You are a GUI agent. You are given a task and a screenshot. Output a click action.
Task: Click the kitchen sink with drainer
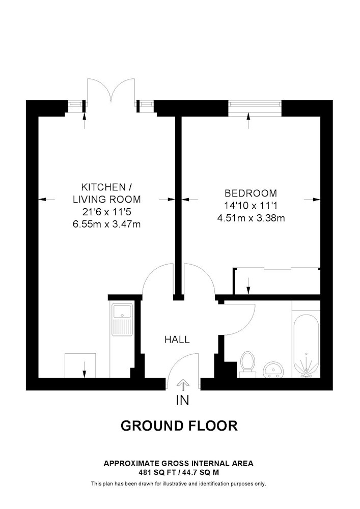click(x=122, y=320)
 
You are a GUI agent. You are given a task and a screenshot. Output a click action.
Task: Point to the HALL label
click(x=177, y=340)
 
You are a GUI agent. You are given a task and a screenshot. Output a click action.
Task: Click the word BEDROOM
click(x=251, y=193)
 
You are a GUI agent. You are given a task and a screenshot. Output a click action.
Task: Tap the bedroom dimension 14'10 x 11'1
click(x=251, y=206)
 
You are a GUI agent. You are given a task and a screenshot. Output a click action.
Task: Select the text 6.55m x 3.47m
click(x=107, y=224)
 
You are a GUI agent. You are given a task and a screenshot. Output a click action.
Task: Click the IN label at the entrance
click(x=182, y=400)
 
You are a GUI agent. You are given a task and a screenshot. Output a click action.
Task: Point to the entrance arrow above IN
click(x=183, y=385)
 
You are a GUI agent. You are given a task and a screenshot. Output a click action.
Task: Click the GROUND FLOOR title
click(x=179, y=426)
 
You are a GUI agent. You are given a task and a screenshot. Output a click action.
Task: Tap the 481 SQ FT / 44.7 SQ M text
click(x=179, y=473)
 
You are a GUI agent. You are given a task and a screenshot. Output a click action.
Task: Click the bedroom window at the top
click(x=255, y=108)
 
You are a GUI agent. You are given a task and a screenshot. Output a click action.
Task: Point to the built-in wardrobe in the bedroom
click(x=276, y=281)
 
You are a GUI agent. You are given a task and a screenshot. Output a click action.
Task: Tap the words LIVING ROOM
click(x=107, y=200)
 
